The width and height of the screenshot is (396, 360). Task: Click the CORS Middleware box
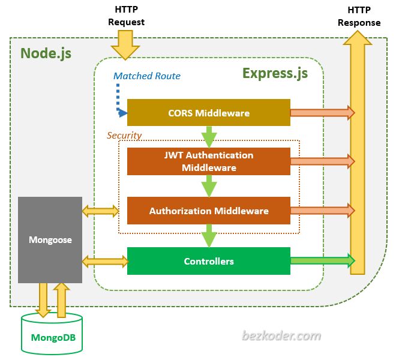pos(208,113)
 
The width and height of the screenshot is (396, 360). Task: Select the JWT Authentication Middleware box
pos(208,161)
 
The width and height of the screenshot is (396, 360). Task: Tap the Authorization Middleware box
pos(208,211)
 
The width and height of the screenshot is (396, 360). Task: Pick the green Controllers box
pos(208,261)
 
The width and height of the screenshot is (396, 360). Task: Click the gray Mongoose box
pos(50,239)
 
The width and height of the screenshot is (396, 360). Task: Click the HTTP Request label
pos(126,16)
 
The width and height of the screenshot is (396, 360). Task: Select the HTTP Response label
pos(359,17)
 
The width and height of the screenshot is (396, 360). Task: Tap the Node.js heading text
pos(46,53)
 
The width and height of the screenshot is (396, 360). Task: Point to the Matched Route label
pos(147,76)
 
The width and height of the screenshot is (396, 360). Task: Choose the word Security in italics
pos(124,135)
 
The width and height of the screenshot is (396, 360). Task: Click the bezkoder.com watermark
pos(281,336)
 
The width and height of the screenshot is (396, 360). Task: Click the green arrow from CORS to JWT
pos(208,137)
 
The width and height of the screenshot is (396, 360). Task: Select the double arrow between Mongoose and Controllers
pos(104,261)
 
